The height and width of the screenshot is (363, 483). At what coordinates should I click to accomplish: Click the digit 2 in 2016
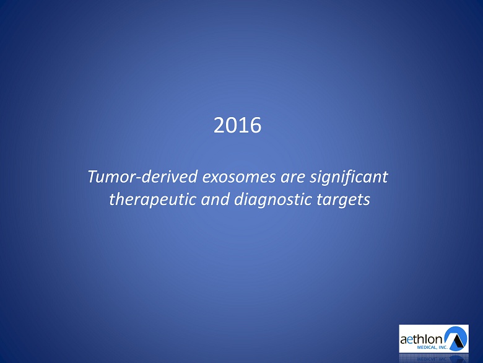219,125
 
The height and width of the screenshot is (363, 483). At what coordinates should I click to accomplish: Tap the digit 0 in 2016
232,125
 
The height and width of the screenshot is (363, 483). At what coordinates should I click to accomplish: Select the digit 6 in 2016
255,125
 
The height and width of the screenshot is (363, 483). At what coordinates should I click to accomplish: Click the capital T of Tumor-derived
94,177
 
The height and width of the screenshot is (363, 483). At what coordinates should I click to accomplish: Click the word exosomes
239,177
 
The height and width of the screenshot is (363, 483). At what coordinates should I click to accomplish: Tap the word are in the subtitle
293,178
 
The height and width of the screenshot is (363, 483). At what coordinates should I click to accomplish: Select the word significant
349,178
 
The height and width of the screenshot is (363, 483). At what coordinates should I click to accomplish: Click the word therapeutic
152,199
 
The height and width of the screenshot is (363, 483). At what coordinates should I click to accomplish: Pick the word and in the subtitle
215,199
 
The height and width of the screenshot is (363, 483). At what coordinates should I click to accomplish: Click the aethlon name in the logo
421,339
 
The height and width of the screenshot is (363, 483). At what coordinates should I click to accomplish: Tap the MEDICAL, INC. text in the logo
432,348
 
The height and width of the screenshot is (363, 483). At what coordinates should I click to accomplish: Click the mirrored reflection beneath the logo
433,358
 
